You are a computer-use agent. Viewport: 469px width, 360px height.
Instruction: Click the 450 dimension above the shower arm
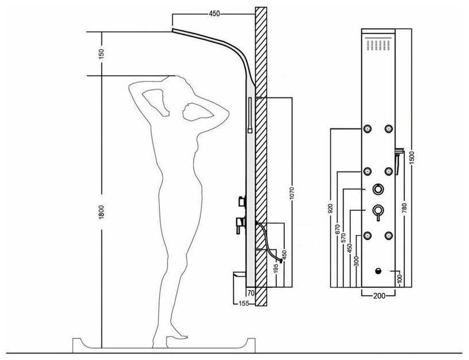click(x=214, y=14)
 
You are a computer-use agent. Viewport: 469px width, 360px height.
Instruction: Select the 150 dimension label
click(x=101, y=53)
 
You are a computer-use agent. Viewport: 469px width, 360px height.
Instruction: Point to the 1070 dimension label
click(x=292, y=194)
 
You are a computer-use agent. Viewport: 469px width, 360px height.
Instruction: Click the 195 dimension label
click(x=276, y=268)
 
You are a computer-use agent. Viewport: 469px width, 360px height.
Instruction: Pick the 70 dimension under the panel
click(x=251, y=293)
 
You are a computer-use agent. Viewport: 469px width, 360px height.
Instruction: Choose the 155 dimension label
click(x=244, y=303)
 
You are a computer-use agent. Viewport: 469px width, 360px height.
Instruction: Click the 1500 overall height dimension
click(x=412, y=158)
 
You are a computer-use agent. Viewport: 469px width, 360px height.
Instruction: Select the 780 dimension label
click(x=404, y=208)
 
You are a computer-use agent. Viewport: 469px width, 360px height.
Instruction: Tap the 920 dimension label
click(x=330, y=209)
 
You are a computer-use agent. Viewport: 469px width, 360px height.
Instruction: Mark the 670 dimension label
click(x=337, y=229)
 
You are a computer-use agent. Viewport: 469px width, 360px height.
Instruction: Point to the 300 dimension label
click(x=356, y=261)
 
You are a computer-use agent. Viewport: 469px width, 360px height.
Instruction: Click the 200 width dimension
click(x=379, y=296)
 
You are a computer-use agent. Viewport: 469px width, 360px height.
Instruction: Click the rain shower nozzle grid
click(x=378, y=44)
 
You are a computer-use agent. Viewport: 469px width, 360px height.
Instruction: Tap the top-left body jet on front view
click(x=368, y=129)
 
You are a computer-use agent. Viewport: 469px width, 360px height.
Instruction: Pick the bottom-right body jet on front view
click(x=389, y=235)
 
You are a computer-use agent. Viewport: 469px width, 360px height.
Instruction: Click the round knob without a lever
click(x=378, y=189)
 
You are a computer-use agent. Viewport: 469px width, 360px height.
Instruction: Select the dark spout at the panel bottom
click(x=378, y=271)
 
